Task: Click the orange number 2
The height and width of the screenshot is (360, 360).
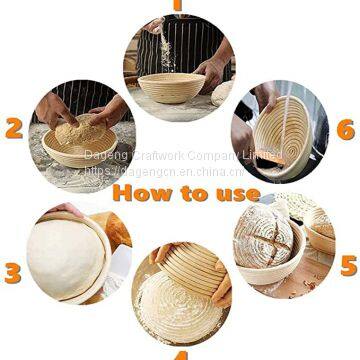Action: [14, 128]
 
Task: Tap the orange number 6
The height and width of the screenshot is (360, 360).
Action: [345, 129]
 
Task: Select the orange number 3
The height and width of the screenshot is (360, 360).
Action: [13, 272]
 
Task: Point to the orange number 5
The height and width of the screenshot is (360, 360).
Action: [347, 265]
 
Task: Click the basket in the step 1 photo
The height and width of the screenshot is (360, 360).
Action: [171, 87]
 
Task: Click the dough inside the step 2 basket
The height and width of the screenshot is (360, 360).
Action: [77, 134]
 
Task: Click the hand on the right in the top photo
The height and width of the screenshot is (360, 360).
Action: [212, 72]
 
